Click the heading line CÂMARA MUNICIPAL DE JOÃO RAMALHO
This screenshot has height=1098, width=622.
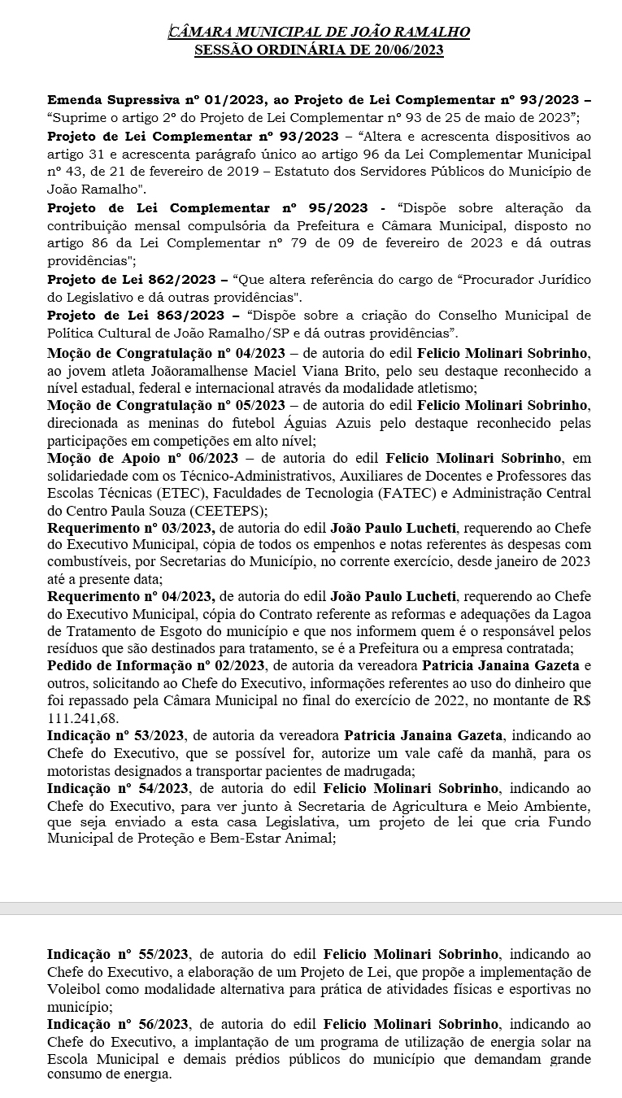[319, 33]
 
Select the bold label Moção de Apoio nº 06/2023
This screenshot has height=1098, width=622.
[142, 459]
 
